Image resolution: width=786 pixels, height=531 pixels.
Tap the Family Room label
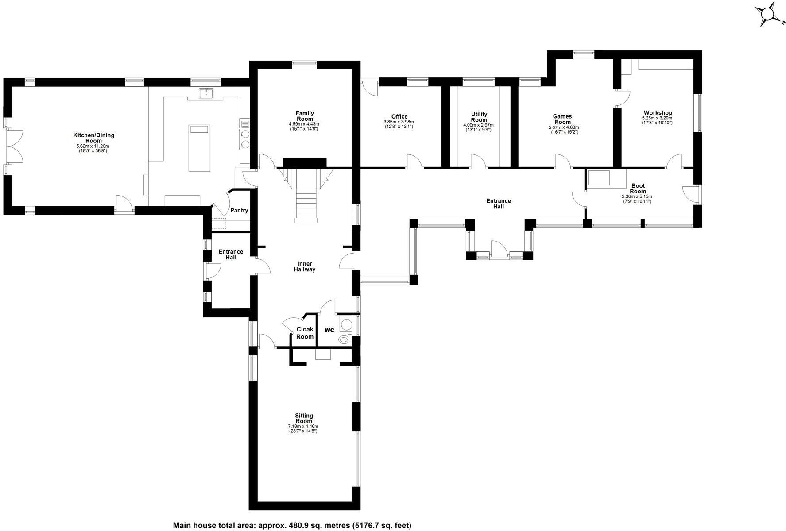tap(305, 116)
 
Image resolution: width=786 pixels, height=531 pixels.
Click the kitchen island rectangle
tap(198, 148)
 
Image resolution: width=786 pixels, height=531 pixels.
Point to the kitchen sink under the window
tap(206, 93)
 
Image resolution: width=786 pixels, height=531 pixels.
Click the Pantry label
tap(239, 211)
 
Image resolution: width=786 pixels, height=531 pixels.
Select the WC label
tap(329, 330)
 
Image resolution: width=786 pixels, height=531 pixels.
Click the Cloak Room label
tap(305, 333)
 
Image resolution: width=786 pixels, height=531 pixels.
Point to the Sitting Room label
tap(304, 418)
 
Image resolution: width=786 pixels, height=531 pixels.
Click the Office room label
tap(399, 117)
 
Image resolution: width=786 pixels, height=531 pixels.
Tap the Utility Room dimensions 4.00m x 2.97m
tap(478, 125)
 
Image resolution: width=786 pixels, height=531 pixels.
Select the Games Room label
tap(562, 119)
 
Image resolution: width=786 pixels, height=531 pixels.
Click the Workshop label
tap(658, 113)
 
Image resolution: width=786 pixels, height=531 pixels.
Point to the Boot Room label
tap(638, 189)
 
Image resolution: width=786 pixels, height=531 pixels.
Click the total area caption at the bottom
tap(292, 525)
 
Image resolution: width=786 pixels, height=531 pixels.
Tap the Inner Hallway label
tap(305, 266)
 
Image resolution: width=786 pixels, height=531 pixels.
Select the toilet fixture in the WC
tap(343, 340)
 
